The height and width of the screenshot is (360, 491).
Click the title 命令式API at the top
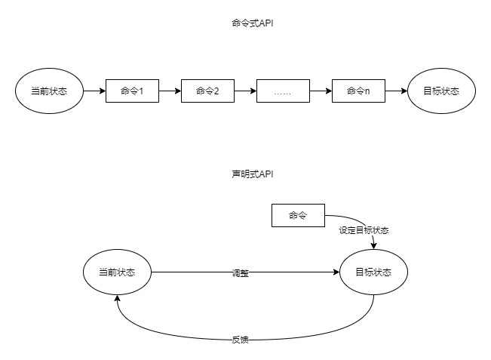(252, 23)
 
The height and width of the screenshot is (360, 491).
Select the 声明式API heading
(252, 174)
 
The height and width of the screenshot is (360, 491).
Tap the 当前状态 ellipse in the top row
(49, 91)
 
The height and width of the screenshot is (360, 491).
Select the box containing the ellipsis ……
(283, 91)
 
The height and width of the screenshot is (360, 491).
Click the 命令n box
(358, 91)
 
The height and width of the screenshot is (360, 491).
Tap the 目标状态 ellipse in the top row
(441, 91)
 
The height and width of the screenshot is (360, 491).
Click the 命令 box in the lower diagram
(298, 216)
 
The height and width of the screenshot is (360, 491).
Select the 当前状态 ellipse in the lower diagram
(117, 272)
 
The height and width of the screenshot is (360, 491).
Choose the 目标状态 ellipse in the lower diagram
(373, 272)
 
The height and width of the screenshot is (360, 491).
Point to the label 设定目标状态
(364, 230)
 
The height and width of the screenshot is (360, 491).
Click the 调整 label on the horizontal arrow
(240, 273)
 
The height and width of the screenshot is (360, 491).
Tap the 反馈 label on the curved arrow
(240, 340)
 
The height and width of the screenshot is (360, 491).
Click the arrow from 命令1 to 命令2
(170, 91)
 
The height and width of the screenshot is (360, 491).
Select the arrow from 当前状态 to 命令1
(94, 91)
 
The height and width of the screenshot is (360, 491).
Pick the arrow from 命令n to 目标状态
(395, 91)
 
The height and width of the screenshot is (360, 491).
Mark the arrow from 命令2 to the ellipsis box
(245, 91)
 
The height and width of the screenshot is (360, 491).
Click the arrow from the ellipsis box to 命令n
(321, 91)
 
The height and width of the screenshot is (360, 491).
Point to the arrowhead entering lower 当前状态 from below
(117, 299)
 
